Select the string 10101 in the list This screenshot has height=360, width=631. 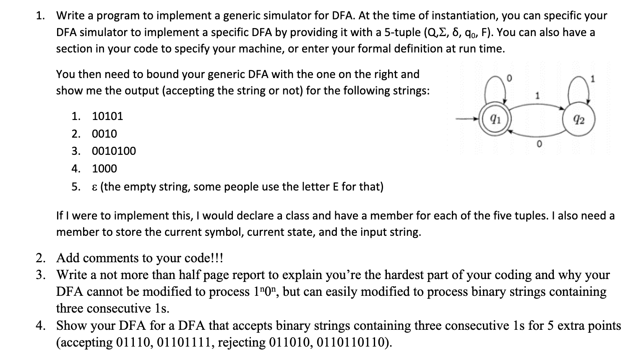pos(107,116)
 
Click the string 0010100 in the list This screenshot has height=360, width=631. pos(114,151)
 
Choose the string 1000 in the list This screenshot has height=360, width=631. pos(104,169)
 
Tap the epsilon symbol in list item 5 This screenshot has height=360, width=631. pos(94,187)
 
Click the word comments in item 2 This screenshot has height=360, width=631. pos(107,258)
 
